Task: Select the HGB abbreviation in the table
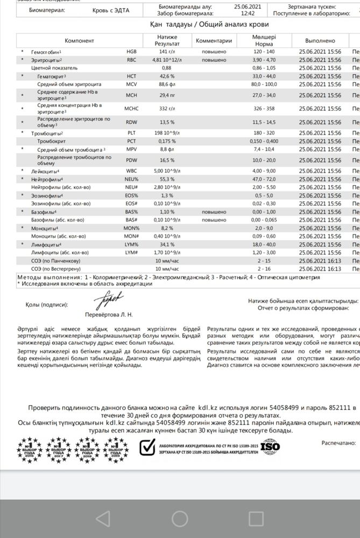(132, 52)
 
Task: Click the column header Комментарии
(214, 40)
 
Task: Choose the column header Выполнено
(320, 40)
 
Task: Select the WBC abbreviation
(132, 171)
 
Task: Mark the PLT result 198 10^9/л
(166, 132)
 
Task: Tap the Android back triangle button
(102, 518)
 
